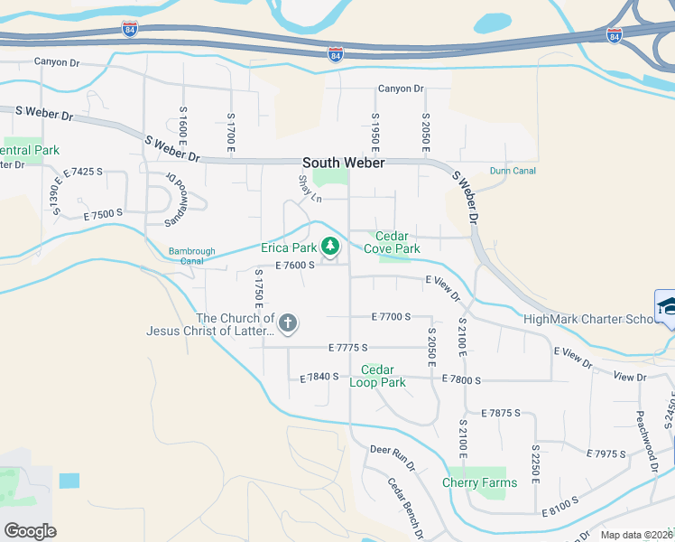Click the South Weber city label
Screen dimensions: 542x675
point(343,163)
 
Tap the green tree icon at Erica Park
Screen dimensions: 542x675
point(331,246)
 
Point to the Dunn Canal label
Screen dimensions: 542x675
point(513,171)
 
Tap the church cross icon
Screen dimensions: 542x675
point(288,323)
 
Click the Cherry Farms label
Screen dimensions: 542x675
point(480,482)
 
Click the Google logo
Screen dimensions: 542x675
point(30,531)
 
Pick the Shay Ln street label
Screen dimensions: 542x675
point(310,190)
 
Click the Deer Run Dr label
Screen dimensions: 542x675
point(392,458)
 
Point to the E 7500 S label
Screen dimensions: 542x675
point(102,213)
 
